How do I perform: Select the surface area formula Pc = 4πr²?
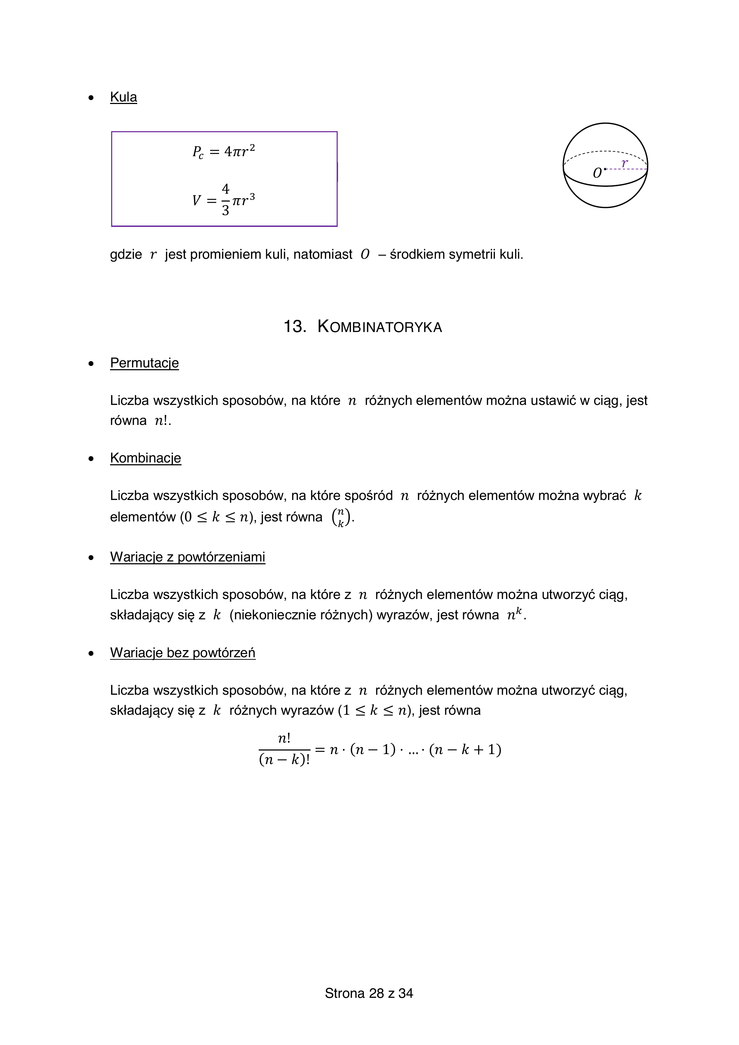pyautogui.click(x=223, y=152)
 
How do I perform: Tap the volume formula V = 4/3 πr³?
pyautogui.click(x=223, y=200)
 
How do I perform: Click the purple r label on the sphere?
pyautogui.click(x=625, y=163)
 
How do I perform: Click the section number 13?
pyautogui.click(x=294, y=327)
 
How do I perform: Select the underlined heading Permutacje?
pyautogui.click(x=144, y=363)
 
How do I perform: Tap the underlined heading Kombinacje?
pyautogui.click(x=145, y=458)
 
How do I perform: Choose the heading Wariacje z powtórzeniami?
pyautogui.click(x=188, y=557)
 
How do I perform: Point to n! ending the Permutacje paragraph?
pyautogui.click(x=162, y=421)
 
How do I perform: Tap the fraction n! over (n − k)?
pyautogui.click(x=284, y=749)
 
